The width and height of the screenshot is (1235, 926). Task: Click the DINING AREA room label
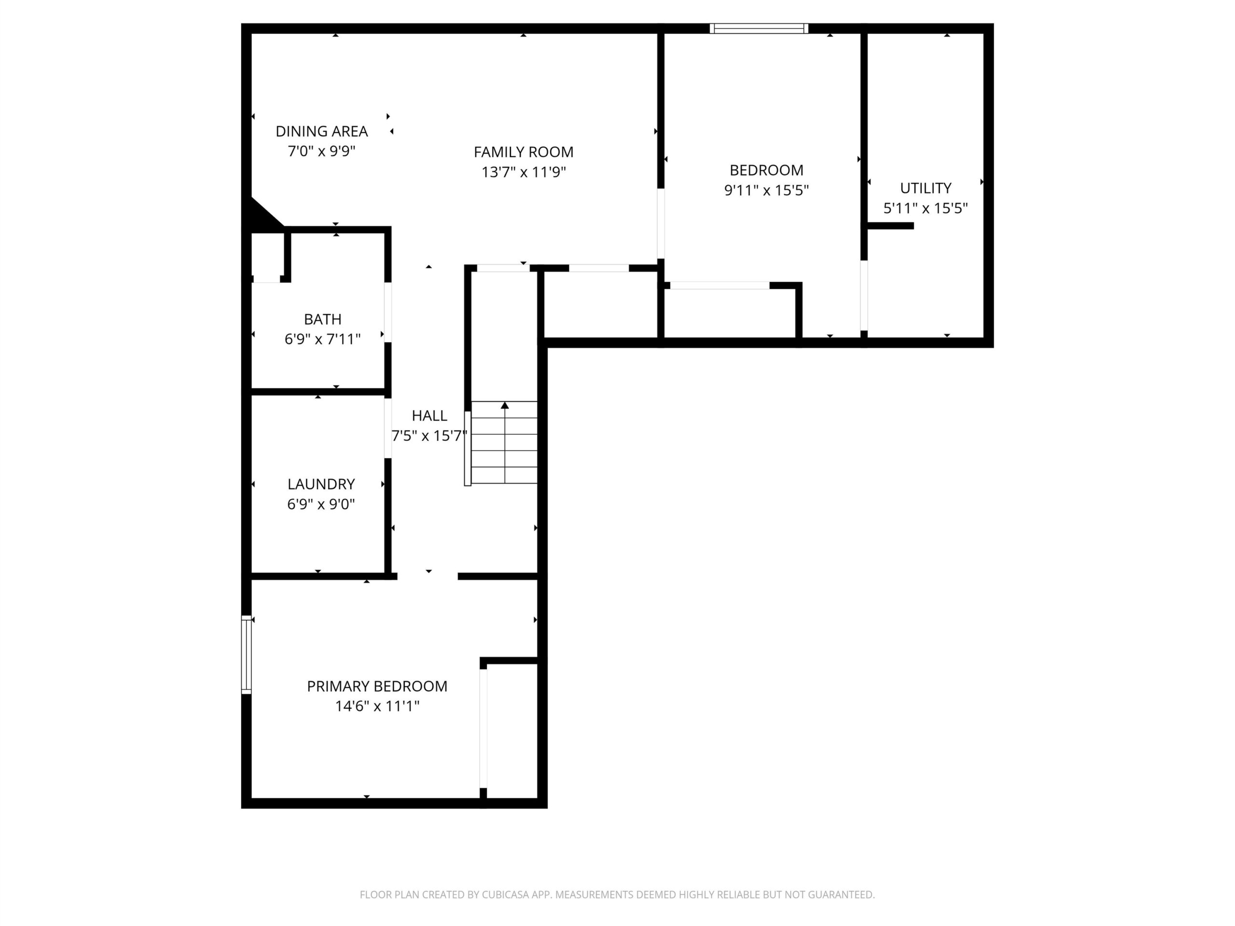tap(322, 131)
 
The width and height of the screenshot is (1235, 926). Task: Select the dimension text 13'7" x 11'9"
tap(524, 172)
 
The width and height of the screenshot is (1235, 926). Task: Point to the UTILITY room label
tap(925, 188)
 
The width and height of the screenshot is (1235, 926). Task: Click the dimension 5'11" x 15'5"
tap(925, 208)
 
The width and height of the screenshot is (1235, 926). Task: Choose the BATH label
tap(323, 319)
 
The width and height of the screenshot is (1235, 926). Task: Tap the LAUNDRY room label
tap(321, 484)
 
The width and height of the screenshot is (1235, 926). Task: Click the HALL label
tap(429, 415)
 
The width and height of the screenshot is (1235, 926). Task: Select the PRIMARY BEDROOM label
tap(377, 686)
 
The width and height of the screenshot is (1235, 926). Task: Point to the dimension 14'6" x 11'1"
tap(377, 706)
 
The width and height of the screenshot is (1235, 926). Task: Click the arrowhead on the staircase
tap(505, 405)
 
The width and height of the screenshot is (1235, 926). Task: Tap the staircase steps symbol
tap(504, 442)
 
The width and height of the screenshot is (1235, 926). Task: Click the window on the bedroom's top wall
tap(759, 28)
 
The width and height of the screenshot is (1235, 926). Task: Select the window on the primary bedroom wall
tap(246, 654)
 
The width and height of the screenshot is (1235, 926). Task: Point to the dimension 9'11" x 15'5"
tap(766, 191)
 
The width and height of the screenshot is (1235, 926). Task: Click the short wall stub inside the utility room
tap(891, 226)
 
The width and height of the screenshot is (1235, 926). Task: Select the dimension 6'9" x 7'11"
tap(323, 340)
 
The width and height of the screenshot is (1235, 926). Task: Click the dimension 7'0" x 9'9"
tap(322, 151)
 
